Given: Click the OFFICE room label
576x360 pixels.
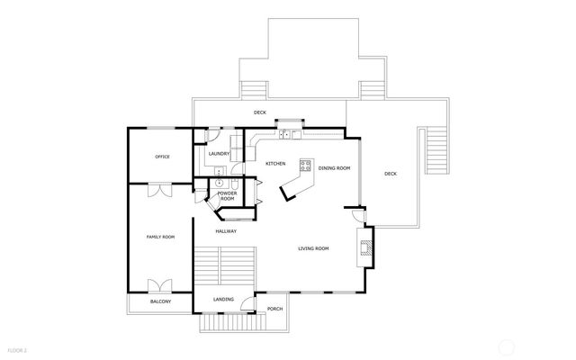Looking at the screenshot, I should coord(162,157).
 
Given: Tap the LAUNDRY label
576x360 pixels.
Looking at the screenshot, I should coord(219,154).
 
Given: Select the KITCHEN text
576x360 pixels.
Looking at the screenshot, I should coord(275,163).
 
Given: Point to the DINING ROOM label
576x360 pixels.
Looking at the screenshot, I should coord(334,168).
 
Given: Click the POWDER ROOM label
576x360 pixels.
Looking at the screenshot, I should coord(227,195).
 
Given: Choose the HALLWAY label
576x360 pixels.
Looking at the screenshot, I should coord(226,231).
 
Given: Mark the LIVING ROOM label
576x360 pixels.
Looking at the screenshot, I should coord(314,248).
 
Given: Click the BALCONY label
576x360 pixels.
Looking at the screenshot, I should coord(160,301).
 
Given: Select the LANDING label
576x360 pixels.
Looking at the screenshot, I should coord(224,299).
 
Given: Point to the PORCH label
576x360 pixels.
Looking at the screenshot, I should coord(275,309).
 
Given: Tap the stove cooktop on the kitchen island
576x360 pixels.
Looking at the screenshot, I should coord(305,166).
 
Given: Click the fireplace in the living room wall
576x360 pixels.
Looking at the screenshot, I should coord(364,246).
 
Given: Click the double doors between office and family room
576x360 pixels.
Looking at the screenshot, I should coord(160,190).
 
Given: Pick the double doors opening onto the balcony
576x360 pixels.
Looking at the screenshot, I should coord(160,287).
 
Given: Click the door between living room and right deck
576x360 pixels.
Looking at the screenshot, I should coord(357,215).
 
